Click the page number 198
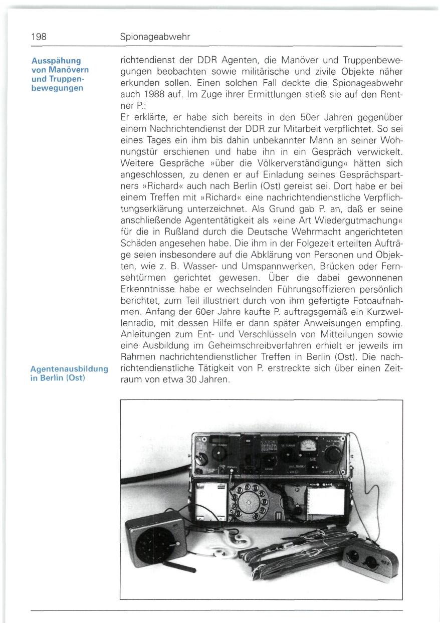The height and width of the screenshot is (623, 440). (x=38, y=38)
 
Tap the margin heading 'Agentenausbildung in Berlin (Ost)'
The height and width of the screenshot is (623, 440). (x=70, y=373)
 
